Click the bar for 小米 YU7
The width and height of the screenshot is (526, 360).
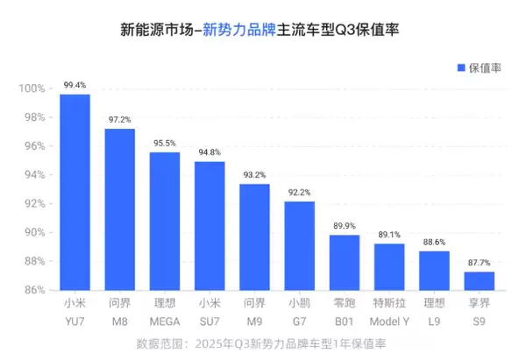pos(75,192)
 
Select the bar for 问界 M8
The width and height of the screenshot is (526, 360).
pos(119,209)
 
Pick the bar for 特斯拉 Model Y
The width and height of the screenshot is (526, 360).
pos(389,266)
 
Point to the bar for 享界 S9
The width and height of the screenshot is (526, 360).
pos(479,280)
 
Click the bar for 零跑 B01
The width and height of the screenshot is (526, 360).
pos(345,262)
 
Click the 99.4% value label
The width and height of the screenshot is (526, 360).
pos(75,85)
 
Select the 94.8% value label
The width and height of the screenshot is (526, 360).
pos(210,152)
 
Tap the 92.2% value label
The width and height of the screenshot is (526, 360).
pos(300,192)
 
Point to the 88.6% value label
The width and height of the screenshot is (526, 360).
pos(434,242)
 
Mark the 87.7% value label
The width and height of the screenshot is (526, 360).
pos(479,262)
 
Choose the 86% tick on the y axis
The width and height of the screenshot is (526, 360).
pos(34,290)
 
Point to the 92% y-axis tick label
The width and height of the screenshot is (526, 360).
pos(34,203)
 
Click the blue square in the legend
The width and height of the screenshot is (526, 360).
pos(462,67)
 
